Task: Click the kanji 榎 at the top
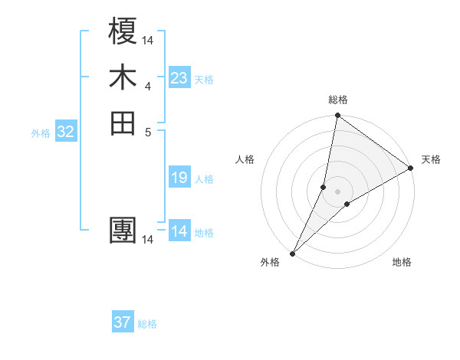(123, 32)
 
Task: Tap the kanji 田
(123, 123)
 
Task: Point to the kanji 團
(123, 232)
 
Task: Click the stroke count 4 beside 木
(148, 86)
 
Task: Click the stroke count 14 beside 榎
(148, 40)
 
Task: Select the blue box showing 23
(179, 78)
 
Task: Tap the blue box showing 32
(66, 132)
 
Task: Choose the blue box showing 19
(179, 178)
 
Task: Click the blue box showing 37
(122, 322)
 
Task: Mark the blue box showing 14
(179, 231)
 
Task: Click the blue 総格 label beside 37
(147, 324)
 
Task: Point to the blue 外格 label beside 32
(41, 133)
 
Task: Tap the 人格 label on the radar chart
(245, 159)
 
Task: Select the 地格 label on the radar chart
(402, 262)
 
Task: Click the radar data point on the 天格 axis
(410, 169)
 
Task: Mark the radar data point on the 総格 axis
(337, 116)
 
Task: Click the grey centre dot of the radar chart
(337, 191)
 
